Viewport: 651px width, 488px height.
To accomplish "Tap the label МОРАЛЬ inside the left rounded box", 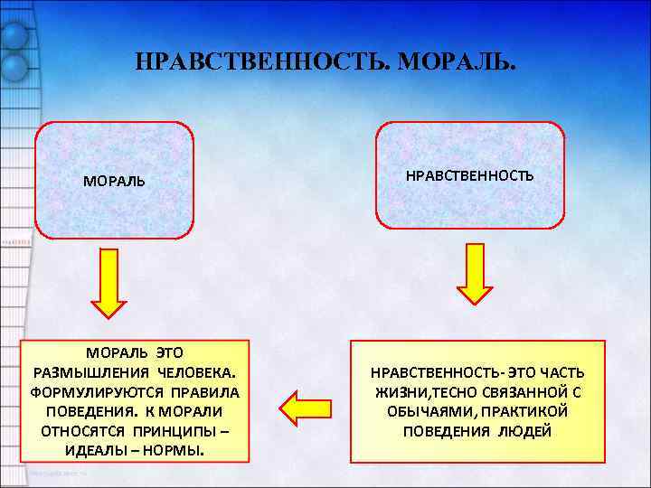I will click(x=114, y=181).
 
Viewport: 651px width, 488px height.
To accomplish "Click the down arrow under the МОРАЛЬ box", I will click(x=109, y=285).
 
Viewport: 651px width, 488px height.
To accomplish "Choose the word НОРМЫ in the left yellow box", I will click(x=179, y=450).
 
